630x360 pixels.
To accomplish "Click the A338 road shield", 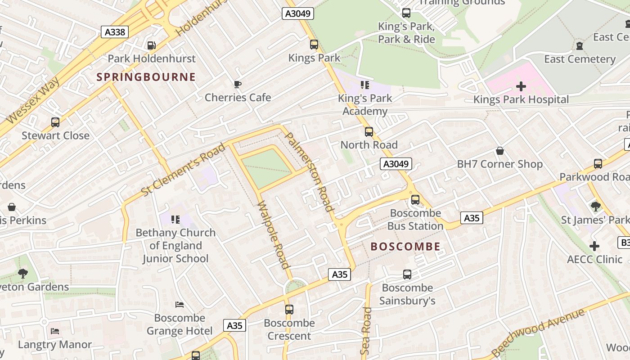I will coord(115,32).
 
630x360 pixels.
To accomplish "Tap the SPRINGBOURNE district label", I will coord(146,77).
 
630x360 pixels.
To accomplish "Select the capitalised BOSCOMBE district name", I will coord(405,247).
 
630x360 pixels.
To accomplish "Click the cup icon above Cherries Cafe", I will coord(238,84).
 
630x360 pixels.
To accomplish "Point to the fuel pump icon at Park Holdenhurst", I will coord(152,45).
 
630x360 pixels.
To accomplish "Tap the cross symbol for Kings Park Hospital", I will coord(521,86).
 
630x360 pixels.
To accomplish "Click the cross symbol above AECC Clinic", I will coord(594,246).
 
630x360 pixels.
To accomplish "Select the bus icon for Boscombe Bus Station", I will coord(415,199).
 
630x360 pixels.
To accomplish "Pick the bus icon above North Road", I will coord(369,132).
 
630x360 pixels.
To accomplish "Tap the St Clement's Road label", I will coord(183,170).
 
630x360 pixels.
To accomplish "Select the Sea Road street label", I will coord(366,330).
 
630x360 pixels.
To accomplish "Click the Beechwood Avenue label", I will coord(538,332).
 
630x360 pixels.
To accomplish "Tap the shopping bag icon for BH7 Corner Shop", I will coord(499,151).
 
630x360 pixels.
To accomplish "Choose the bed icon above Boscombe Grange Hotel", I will coord(180,305).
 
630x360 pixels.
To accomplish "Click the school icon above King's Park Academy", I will coord(365,85).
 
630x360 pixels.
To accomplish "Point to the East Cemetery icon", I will coord(579,46).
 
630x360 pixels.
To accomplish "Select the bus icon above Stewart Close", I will coord(55,122).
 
